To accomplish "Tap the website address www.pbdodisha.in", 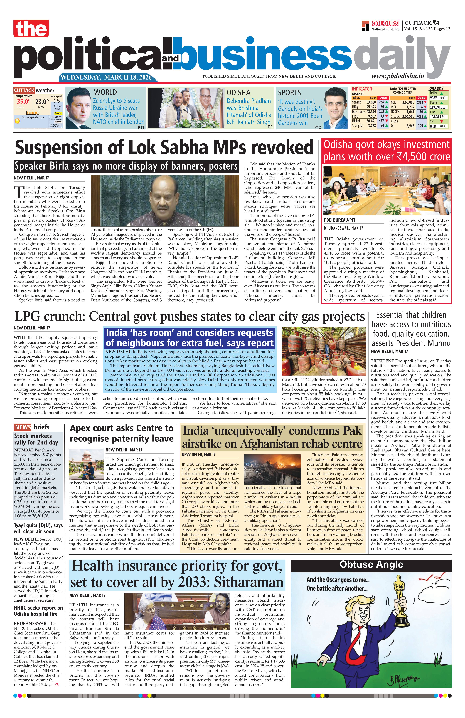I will pos(397,76).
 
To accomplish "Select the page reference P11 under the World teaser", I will pos(141,128).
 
